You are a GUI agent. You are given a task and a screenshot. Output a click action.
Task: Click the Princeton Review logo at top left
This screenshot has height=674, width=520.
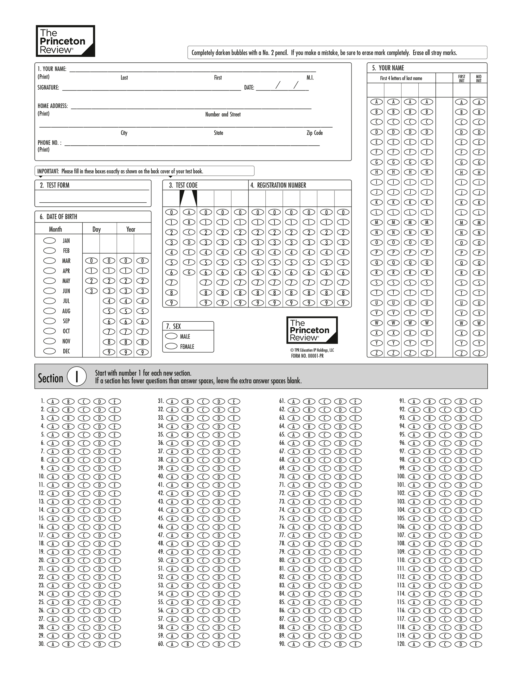[65, 41]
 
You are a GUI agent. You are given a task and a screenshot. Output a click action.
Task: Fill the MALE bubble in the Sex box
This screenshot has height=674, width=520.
[171, 336]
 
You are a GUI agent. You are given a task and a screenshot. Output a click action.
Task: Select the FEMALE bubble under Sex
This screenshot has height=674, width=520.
[171, 346]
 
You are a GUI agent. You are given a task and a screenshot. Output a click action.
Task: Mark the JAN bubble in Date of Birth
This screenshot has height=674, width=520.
[49, 241]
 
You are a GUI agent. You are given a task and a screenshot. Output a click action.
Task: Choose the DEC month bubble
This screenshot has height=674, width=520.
[49, 351]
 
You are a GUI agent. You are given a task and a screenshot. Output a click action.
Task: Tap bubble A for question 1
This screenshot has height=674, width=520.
[53, 401]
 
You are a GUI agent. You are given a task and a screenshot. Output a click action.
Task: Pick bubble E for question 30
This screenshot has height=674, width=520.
[115, 644]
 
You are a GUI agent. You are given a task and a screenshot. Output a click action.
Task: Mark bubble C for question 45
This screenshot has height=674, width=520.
[203, 519]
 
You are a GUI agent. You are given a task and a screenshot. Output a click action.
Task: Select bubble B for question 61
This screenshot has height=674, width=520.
[309, 401]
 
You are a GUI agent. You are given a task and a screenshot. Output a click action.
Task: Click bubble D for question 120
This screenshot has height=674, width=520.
[460, 644]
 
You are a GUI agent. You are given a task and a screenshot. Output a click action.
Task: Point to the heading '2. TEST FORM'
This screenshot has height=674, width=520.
[55, 185]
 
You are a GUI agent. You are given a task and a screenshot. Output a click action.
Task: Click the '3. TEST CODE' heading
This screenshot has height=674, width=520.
[183, 185]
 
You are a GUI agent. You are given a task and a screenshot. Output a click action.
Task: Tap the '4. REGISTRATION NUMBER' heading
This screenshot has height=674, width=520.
[278, 185]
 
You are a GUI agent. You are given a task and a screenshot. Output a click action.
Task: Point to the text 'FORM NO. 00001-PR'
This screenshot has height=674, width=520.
[307, 356]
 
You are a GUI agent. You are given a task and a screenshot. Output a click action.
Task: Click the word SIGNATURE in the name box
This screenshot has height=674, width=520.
[48, 88]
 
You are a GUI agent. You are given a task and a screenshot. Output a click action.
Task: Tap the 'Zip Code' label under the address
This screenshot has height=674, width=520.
[314, 133]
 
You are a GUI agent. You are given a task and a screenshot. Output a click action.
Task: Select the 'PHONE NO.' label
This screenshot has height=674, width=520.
[49, 143]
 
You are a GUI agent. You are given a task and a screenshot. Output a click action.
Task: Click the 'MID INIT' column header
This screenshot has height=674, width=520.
[479, 79]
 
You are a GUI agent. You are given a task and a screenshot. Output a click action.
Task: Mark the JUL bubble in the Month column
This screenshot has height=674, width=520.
[49, 301]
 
